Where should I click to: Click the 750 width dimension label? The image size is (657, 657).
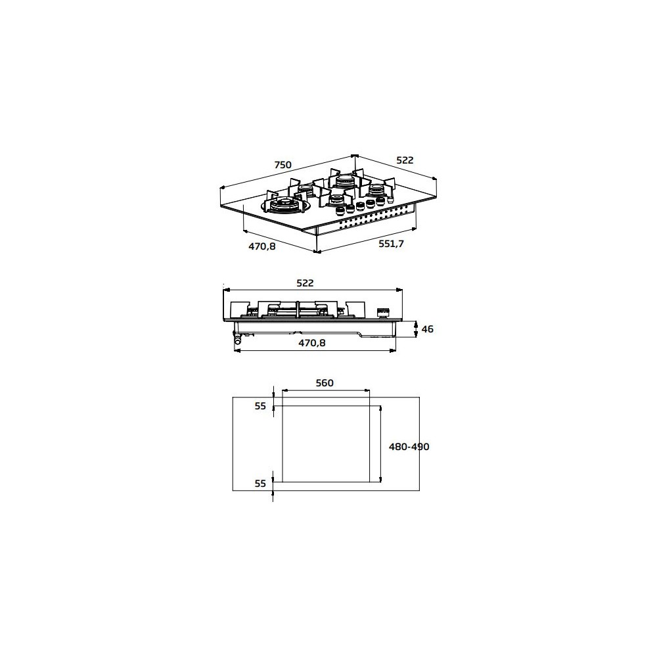click(283, 165)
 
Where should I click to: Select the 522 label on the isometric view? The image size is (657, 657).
click(405, 160)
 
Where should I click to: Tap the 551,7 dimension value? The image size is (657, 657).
click(391, 244)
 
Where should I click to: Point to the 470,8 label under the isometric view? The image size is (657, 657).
click(262, 246)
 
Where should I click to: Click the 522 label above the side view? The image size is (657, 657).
click(305, 283)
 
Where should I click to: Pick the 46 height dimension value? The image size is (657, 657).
click(428, 329)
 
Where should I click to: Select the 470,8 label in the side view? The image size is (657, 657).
click(311, 343)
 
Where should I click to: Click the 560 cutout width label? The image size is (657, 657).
click(325, 383)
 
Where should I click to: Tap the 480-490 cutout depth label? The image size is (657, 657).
click(409, 447)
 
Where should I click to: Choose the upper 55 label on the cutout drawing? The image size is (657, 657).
click(260, 406)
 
